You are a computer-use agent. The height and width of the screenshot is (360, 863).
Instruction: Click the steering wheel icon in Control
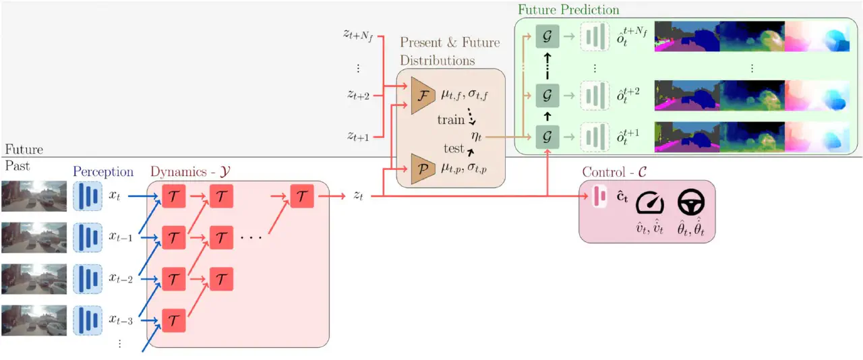[691, 200]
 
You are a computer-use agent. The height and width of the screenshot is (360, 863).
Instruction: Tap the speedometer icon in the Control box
[650, 201]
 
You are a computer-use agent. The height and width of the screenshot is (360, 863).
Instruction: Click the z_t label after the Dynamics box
[359, 196]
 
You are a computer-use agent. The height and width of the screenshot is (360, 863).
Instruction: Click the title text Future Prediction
[568, 10]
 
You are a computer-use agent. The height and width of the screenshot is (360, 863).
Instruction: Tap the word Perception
[103, 172]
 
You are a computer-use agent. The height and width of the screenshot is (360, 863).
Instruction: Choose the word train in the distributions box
[451, 120]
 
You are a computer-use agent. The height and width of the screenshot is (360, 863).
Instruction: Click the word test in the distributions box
[454, 148]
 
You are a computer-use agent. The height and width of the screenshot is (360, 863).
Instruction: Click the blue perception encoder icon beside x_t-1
[86, 237]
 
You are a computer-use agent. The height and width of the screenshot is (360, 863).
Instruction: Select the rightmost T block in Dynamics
[303, 196]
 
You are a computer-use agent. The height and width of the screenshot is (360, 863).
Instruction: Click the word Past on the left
[17, 166]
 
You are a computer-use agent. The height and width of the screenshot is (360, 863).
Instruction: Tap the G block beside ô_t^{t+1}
[547, 137]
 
